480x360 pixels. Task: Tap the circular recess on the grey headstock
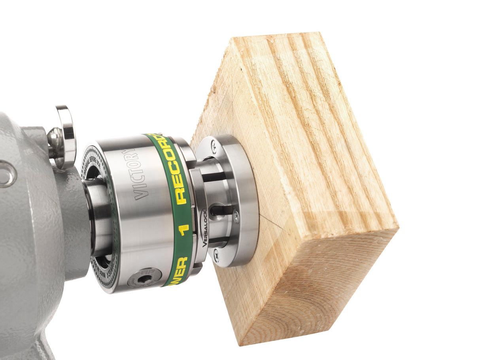[6, 174]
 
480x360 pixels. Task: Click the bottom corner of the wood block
[240, 343]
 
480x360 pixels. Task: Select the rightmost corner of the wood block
[397, 228]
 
